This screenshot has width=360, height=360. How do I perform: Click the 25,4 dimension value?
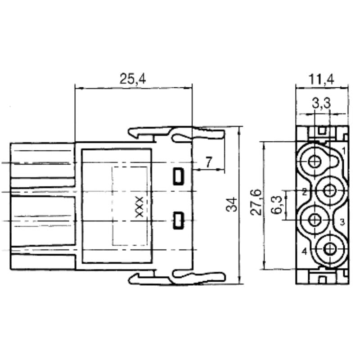tap(133, 79)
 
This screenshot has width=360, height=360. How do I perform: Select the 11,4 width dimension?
tap(322, 80)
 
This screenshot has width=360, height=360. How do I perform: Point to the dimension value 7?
tap(208, 163)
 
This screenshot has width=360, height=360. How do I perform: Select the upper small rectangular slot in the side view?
tap(179, 176)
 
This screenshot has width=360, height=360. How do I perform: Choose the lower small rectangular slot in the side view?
tap(179, 220)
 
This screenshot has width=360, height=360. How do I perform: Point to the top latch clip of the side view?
tap(175, 133)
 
